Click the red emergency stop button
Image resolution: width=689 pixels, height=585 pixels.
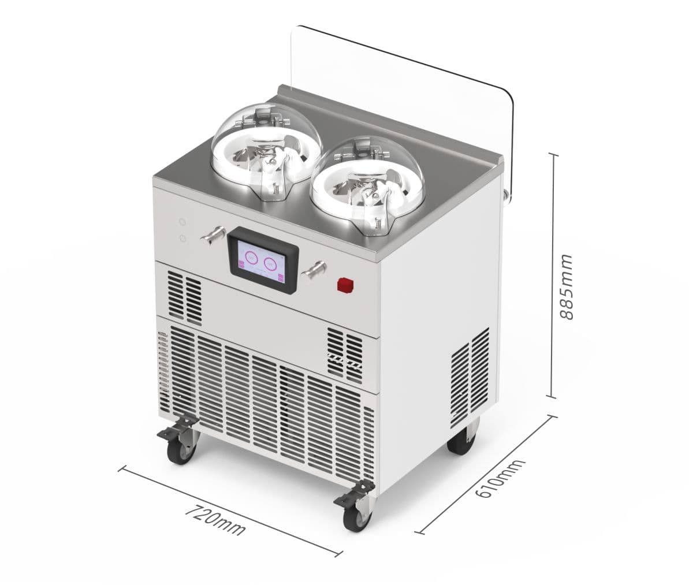(345, 284)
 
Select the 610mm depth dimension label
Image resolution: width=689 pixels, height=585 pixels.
(501, 479)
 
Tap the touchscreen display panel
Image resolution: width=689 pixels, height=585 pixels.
(262, 260)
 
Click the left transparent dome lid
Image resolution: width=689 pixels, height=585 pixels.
(267, 152)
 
